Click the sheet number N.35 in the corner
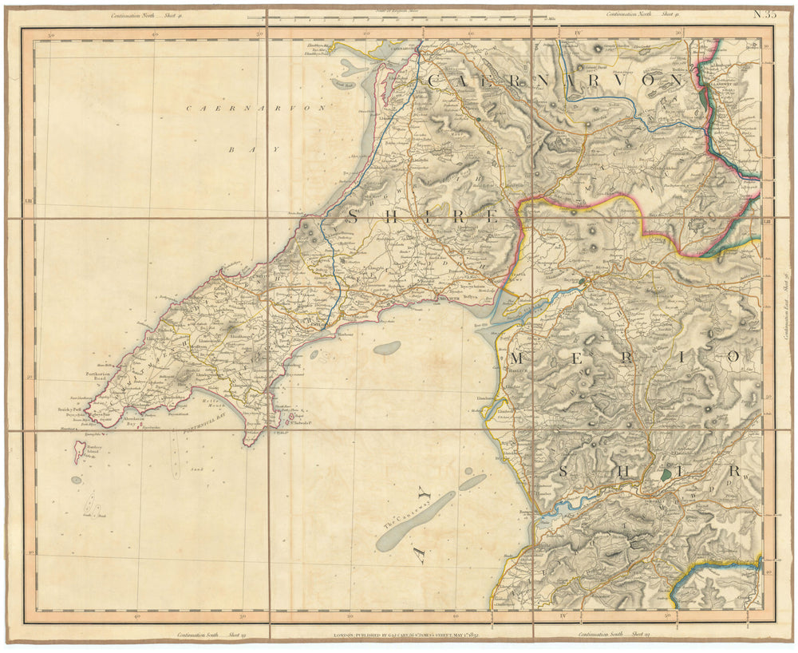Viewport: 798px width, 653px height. pyautogui.click(x=764, y=14)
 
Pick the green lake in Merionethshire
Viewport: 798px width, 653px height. pyautogui.click(x=666, y=474)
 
